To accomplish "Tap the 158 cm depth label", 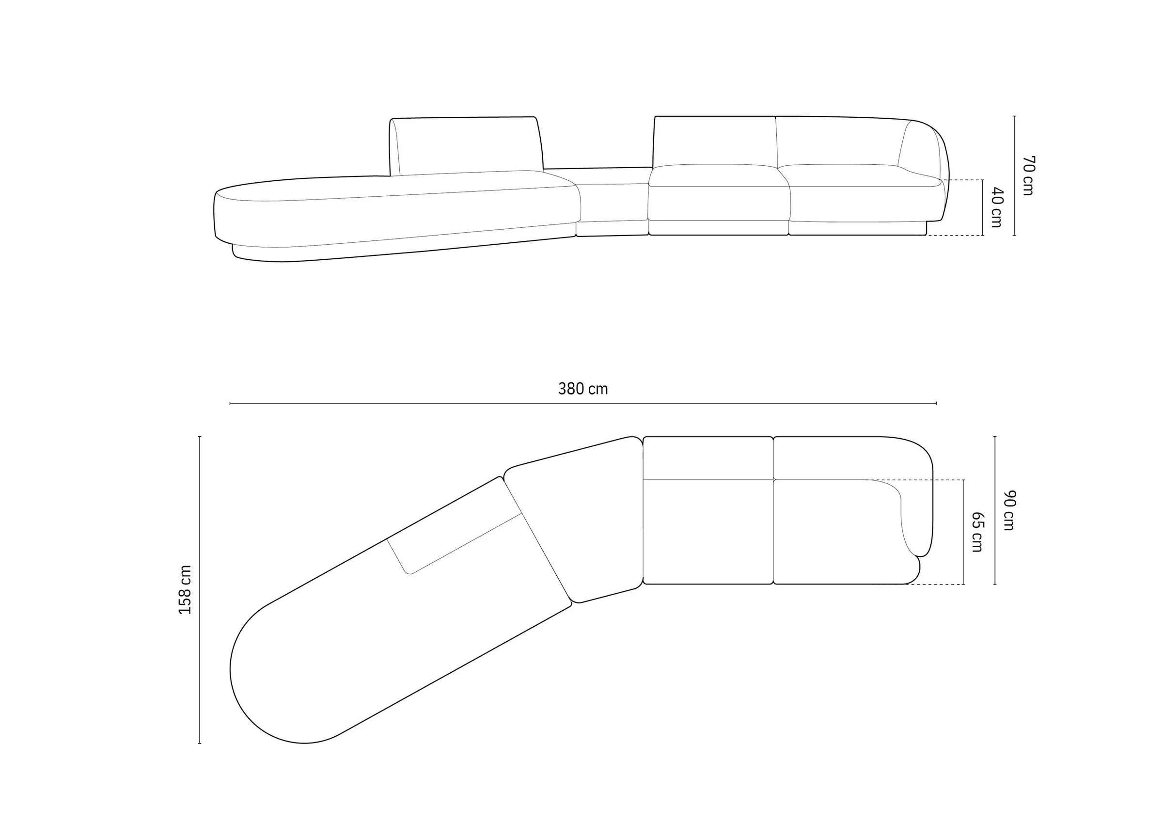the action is pyautogui.click(x=186, y=589).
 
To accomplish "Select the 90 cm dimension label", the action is pyautogui.click(x=1009, y=510).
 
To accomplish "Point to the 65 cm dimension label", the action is pyautogui.click(x=976, y=532).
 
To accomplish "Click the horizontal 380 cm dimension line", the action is pyautogui.click(x=583, y=403).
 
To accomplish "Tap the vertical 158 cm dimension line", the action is pyautogui.click(x=200, y=589).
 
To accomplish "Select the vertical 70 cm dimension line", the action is pyautogui.click(x=1015, y=176).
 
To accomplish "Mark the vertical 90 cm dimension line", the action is pyautogui.click(x=995, y=510).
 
